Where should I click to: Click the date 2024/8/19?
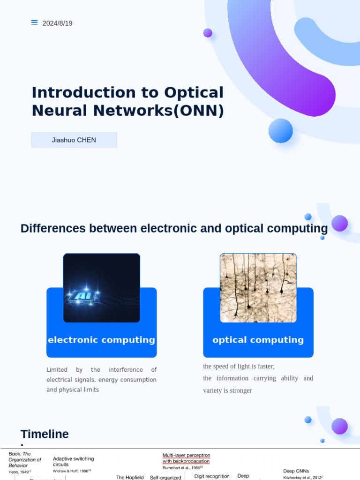tap(57, 23)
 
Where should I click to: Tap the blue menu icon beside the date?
tap(34, 22)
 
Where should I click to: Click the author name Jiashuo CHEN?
tap(74, 140)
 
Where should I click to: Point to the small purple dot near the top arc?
tap(208, 33)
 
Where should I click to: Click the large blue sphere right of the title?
tap(280, 131)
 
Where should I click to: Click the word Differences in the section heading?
tap(53, 229)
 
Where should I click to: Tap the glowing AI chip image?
tap(101, 288)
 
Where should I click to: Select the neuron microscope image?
tap(258, 288)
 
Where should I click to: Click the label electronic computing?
tap(101, 340)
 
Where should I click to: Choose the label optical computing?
tap(258, 340)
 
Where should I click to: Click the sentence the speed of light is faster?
tap(239, 366)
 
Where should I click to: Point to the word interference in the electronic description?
tap(125, 370)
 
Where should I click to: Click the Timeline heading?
tap(45, 434)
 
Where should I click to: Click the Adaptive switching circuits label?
tap(73, 461)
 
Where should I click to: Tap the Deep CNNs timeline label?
tap(296, 471)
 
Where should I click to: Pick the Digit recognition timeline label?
tap(212, 476)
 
